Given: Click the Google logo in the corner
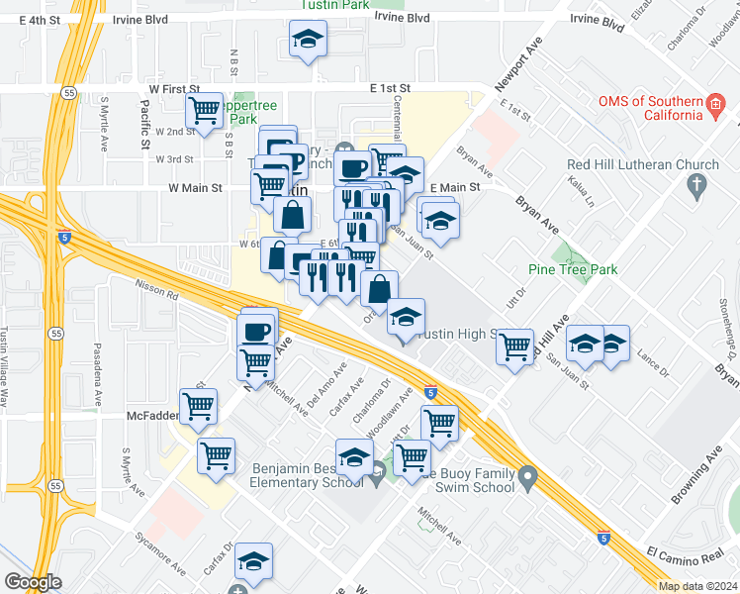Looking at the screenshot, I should click(x=32, y=582).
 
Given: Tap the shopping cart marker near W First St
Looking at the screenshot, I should click(x=205, y=110).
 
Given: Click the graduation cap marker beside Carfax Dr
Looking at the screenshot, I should click(x=254, y=561).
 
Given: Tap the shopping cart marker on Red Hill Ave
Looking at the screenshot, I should click(x=514, y=346).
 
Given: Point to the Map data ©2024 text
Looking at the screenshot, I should click(x=696, y=586).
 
